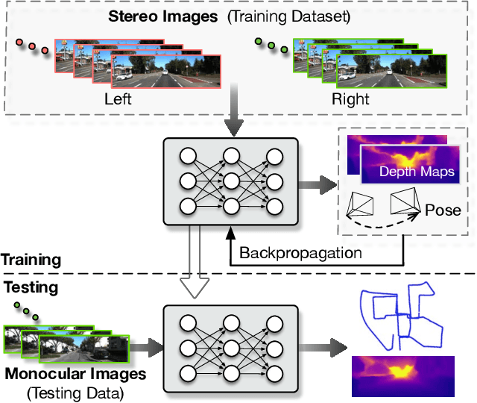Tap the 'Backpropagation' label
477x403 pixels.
301,252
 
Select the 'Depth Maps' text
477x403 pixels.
417,172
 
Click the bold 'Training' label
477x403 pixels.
30,259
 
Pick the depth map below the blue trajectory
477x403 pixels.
402,374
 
